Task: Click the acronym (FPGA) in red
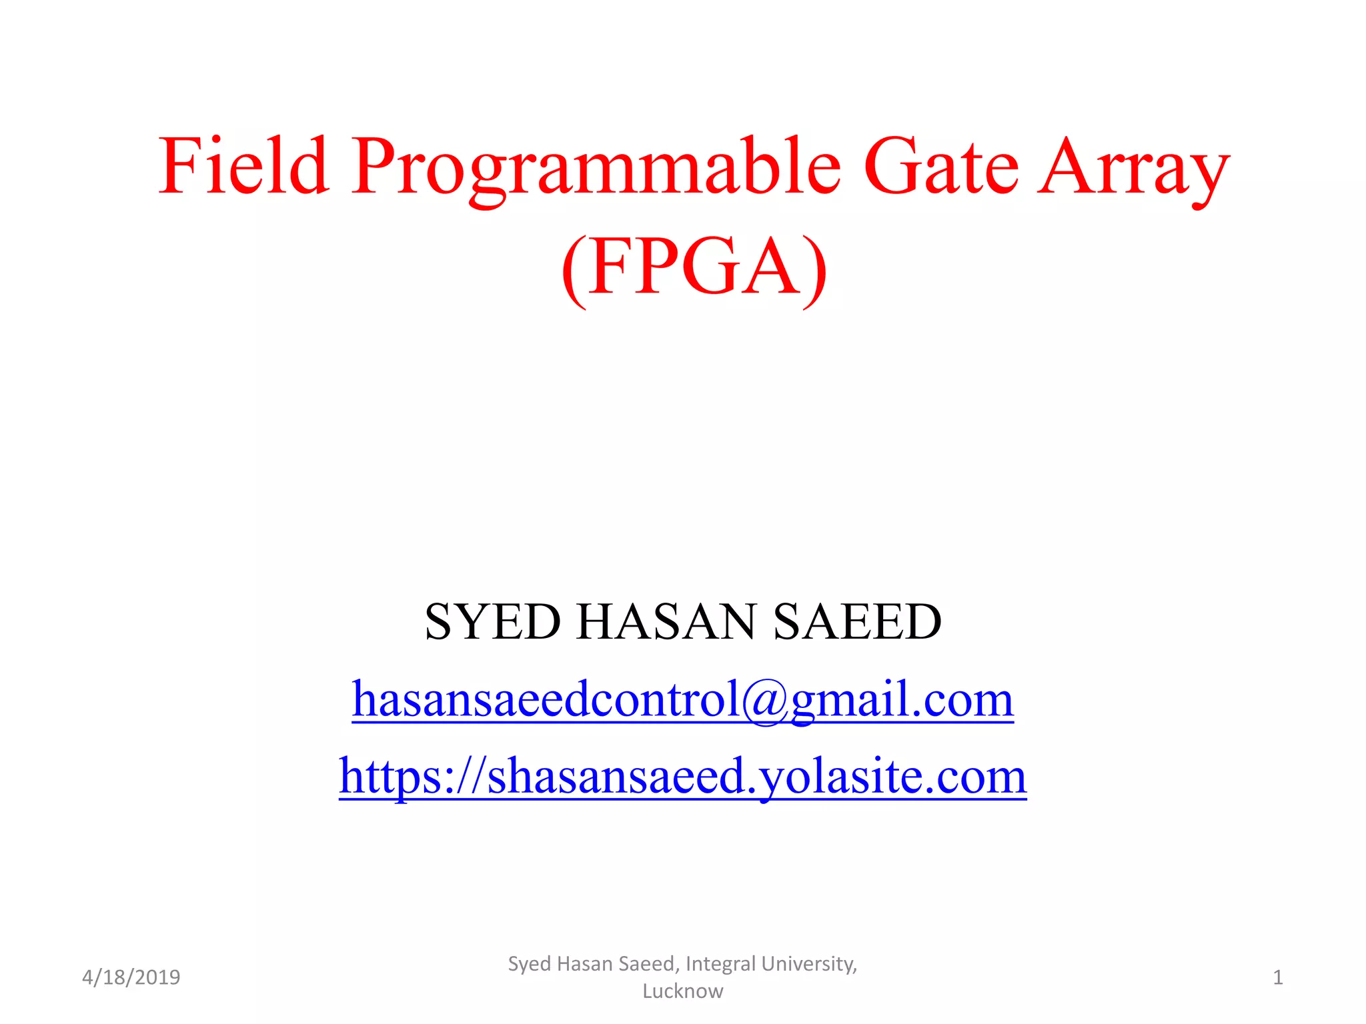pyautogui.click(x=694, y=267)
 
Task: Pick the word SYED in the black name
pyautogui.click(x=493, y=621)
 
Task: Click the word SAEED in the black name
pyautogui.click(x=857, y=621)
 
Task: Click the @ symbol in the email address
pyautogui.click(x=765, y=700)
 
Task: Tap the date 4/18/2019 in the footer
pyautogui.click(x=131, y=977)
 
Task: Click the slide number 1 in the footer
pyautogui.click(x=1277, y=977)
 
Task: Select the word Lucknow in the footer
pyautogui.click(x=682, y=991)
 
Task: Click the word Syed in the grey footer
pyautogui.click(x=529, y=964)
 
